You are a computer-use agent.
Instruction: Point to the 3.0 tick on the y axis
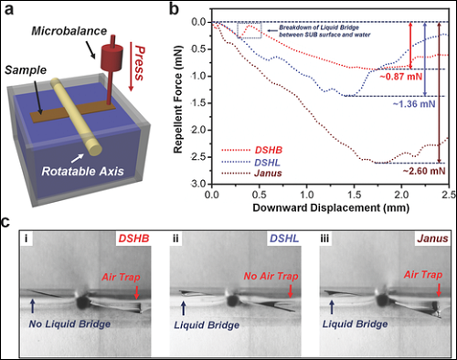click(x=200, y=185)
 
